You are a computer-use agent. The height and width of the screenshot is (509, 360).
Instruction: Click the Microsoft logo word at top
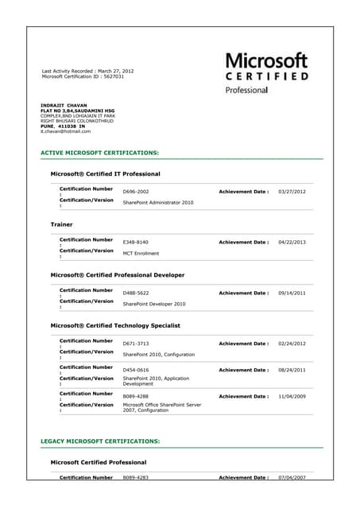(x=267, y=60)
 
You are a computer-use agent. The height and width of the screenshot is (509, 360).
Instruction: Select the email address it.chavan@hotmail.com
(x=65, y=131)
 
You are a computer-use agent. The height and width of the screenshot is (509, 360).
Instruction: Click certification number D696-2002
(x=136, y=192)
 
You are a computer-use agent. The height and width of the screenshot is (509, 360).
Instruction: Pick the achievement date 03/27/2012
(x=292, y=192)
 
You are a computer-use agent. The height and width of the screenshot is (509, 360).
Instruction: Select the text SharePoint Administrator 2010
(x=158, y=203)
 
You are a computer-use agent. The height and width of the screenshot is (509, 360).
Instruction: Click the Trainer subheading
(x=61, y=224)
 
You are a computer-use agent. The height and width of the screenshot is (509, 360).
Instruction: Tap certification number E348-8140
(x=136, y=242)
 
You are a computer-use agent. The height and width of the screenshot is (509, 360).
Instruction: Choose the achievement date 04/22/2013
(x=292, y=242)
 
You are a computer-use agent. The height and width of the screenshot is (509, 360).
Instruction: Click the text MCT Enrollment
(x=141, y=254)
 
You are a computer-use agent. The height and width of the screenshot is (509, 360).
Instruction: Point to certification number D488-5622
(x=136, y=293)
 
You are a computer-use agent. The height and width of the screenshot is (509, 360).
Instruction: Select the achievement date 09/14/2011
(x=292, y=293)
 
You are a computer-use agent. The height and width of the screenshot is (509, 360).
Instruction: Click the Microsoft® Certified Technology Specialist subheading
(x=115, y=325)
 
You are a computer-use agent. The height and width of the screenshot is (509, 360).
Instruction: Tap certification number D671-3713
(x=136, y=344)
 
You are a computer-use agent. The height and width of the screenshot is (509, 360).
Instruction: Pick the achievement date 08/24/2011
(x=292, y=370)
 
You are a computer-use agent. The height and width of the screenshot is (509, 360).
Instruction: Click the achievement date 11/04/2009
(x=292, y=396)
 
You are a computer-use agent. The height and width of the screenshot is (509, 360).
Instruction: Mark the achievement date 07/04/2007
(x=292, y=477)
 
